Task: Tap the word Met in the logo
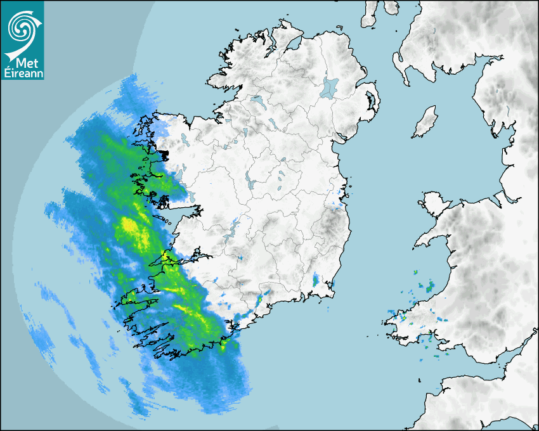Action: pos(22,63)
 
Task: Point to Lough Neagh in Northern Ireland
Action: pos(330,86)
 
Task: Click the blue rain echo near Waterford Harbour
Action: pos(316,279)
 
